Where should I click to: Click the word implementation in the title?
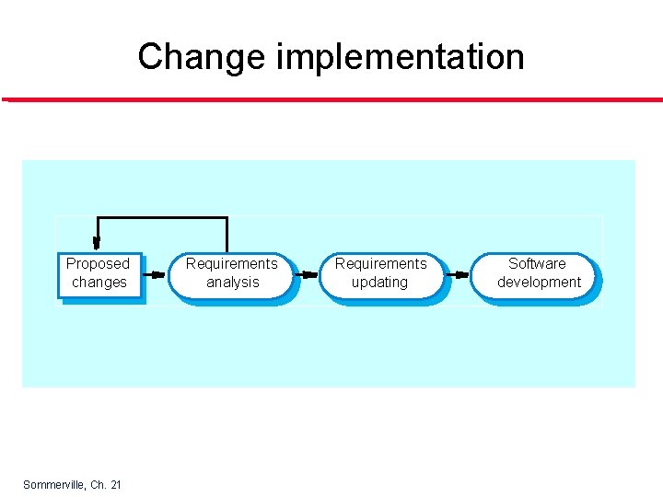pyautogui.click(x=400, y=57)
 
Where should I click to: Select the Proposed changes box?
pyautogui.click(x=99, y=274)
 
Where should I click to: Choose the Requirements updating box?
pyautogui.click(x=380, y=274)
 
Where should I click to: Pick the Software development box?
pyautogui.click(x=538, y=274)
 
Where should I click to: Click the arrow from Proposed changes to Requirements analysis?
pyautogui.click(x=156, y=274)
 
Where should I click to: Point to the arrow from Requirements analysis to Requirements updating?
pyautogui.click(x=307, y=274)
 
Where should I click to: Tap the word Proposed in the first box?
pyautogui.click(x=99, y=263)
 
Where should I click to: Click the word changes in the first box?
pyautogui.click(x=99, y=283)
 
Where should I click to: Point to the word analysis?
pyautogui.click(x=232, y=283)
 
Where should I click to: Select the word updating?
pyautogui.click(x=379, y=283)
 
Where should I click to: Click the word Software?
pyautogui.click(x=538, y=263)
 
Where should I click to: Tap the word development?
pyautogui.click(x=539, y=283)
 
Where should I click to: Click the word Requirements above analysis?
pyautogui.click(x=231, y=263)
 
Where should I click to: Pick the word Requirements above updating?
pyautogui.click(x=380, y=263)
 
